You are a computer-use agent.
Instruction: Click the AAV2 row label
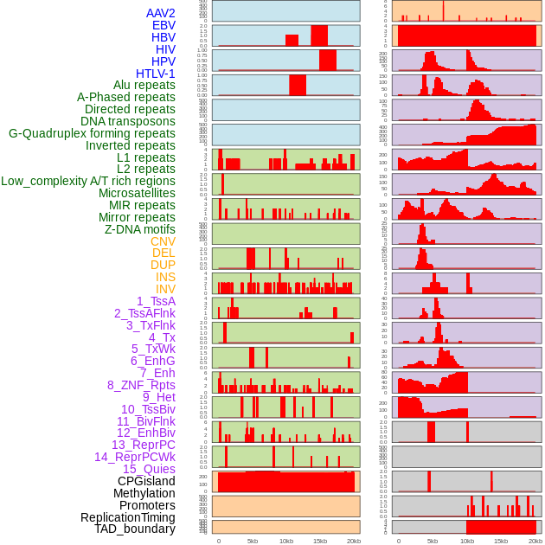click(x=160, y=13)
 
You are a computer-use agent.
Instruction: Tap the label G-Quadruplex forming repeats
click(x=92, y=133)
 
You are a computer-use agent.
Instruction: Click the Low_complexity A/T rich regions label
click(x=88, y=181)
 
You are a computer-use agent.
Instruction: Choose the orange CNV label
click(x=163, y=241)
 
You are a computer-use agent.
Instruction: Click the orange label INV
click(x=165, y=289)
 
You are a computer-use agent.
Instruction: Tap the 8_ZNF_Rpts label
click(x=141, y=385)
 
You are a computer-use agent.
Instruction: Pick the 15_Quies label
click(x=149, y=469)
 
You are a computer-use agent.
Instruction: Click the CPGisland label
click(x=146, y=481)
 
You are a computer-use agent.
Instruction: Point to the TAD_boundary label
click(x=135, y=529)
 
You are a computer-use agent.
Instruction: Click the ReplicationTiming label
click(x=127, y=517)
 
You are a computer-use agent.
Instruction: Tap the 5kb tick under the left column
click(x=253, y=541)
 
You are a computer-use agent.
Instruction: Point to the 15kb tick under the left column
click(x=319, y=541)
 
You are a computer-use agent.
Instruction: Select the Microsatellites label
click(x=137, y=193)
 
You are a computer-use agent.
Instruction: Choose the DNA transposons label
click(x=128, y=121)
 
